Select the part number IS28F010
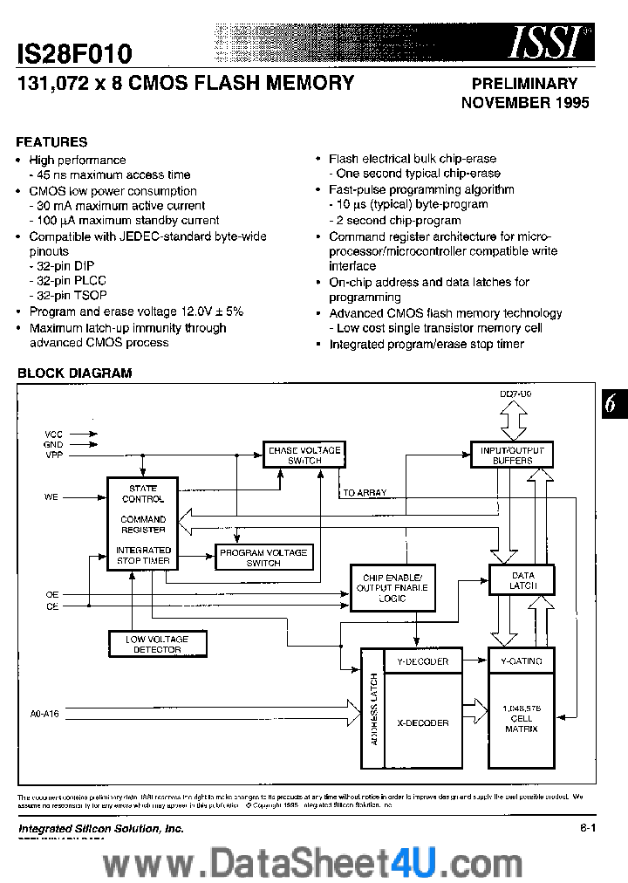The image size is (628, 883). pyautogui.click(x=74, y=54)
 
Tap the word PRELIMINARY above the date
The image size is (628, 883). pyautogui.click(x=524, y=84)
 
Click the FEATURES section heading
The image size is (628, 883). pyautogui.click(x=52, y=141)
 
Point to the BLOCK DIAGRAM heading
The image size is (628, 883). pyautogui.click(x=75, y=373)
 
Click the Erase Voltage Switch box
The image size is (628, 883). pyautogui.click(x=304, y=455)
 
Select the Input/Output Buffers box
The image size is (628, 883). pyautogui.click(x=512, y=455)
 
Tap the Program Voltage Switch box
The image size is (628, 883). pyautogui.click(x=263, y=558)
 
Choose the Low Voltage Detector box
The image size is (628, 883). pyautogui.click(x=158, y=644)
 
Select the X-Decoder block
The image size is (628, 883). pyautogui.click(x=422, y=722)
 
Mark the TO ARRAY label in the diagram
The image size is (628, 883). pyautogui.click(x=364, y=493)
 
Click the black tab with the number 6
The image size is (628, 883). pyautogui.click(x=611, y=403)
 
